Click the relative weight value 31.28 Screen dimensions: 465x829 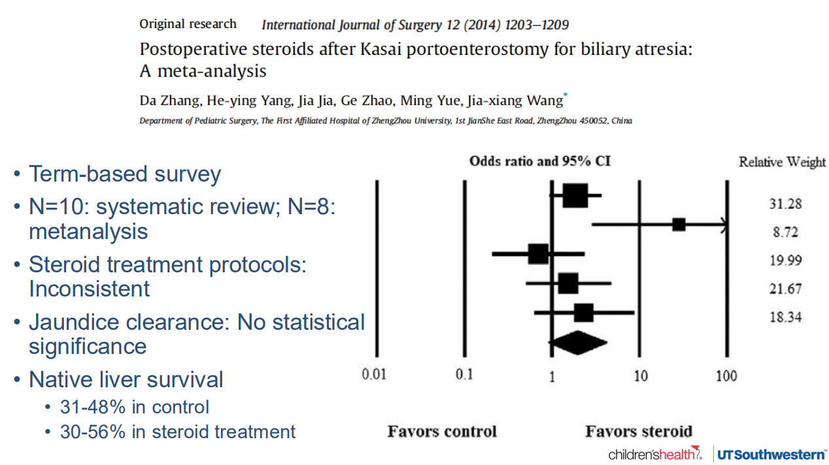pyautogui.click(x=785, y=204)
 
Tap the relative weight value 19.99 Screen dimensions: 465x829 pyautogui.click(x=785, y=261)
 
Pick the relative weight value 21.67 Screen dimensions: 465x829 pyautogui.click(x=785, y=289)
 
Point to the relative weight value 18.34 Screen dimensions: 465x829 pyautogui.click(x=785, y=317)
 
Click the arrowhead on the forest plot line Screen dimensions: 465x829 pyautogui.click(x=723, y=225)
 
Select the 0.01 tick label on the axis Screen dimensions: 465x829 pyautogui.click(x=375, y=375)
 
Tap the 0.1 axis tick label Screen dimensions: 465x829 pyautogui.click(x=464, y=375)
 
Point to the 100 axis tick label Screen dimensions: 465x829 pyautogui.click(x=726, y=376)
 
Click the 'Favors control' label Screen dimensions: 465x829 pyautogui.click(x=442, y=432)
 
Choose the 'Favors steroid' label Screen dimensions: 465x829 pyautogui.click(x=638, y=432)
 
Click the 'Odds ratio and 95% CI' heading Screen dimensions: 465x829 pyautogui.click(x=540, y=161)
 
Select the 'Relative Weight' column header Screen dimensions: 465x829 pyautogui.click(x=782, y=162)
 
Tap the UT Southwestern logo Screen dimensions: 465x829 pyautogui.click(x=771, y=454)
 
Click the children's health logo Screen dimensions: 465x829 pyautogui.click(x=654, y=454)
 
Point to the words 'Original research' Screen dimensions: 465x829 pyautogui.click(x=188, y=24)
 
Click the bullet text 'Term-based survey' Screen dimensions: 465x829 pyautogui.click(x=125, y=174)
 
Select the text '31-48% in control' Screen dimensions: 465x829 pyautogui.click(x=135, y=407)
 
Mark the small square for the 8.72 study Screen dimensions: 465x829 pyautogui.click(x=679, y=225)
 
